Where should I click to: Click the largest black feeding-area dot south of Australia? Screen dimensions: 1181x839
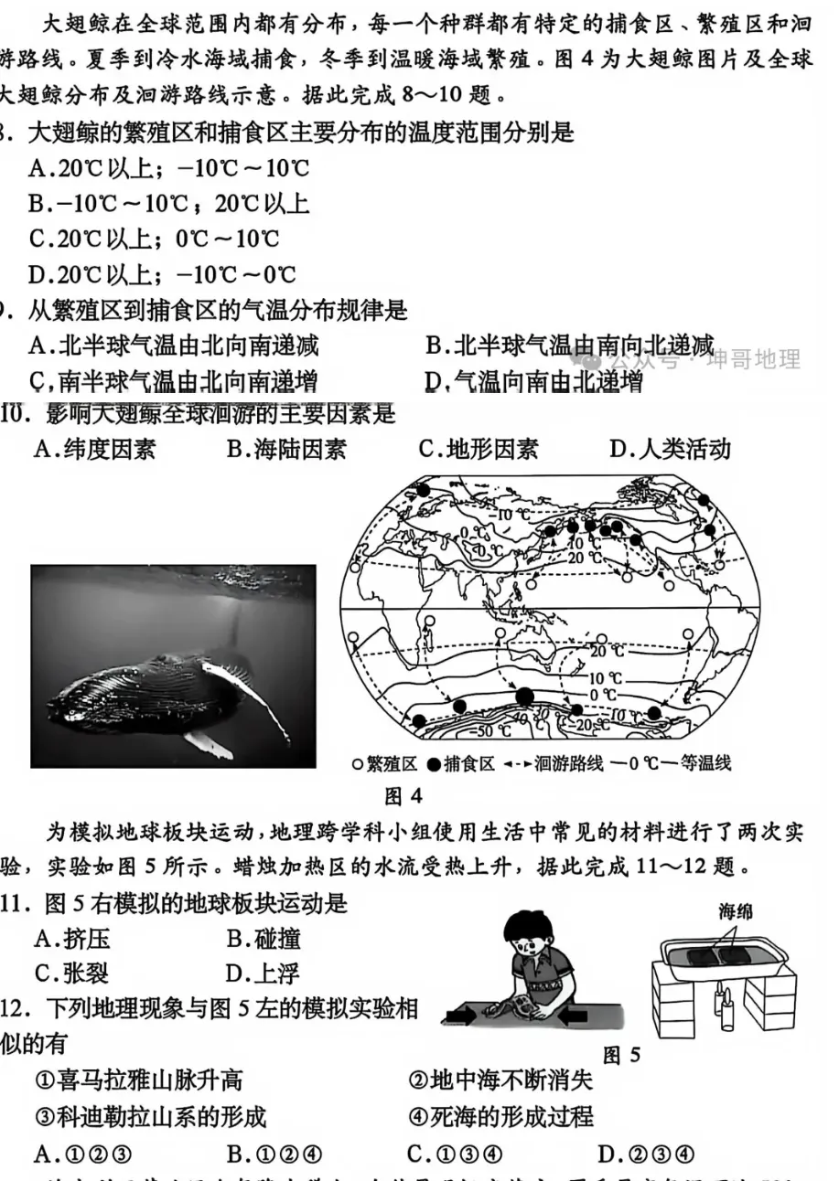524,698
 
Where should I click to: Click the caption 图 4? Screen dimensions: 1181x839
403,796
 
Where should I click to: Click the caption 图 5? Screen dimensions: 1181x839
621,1056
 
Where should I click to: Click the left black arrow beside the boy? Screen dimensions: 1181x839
461,1015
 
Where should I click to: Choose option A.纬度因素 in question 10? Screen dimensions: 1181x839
94,449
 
